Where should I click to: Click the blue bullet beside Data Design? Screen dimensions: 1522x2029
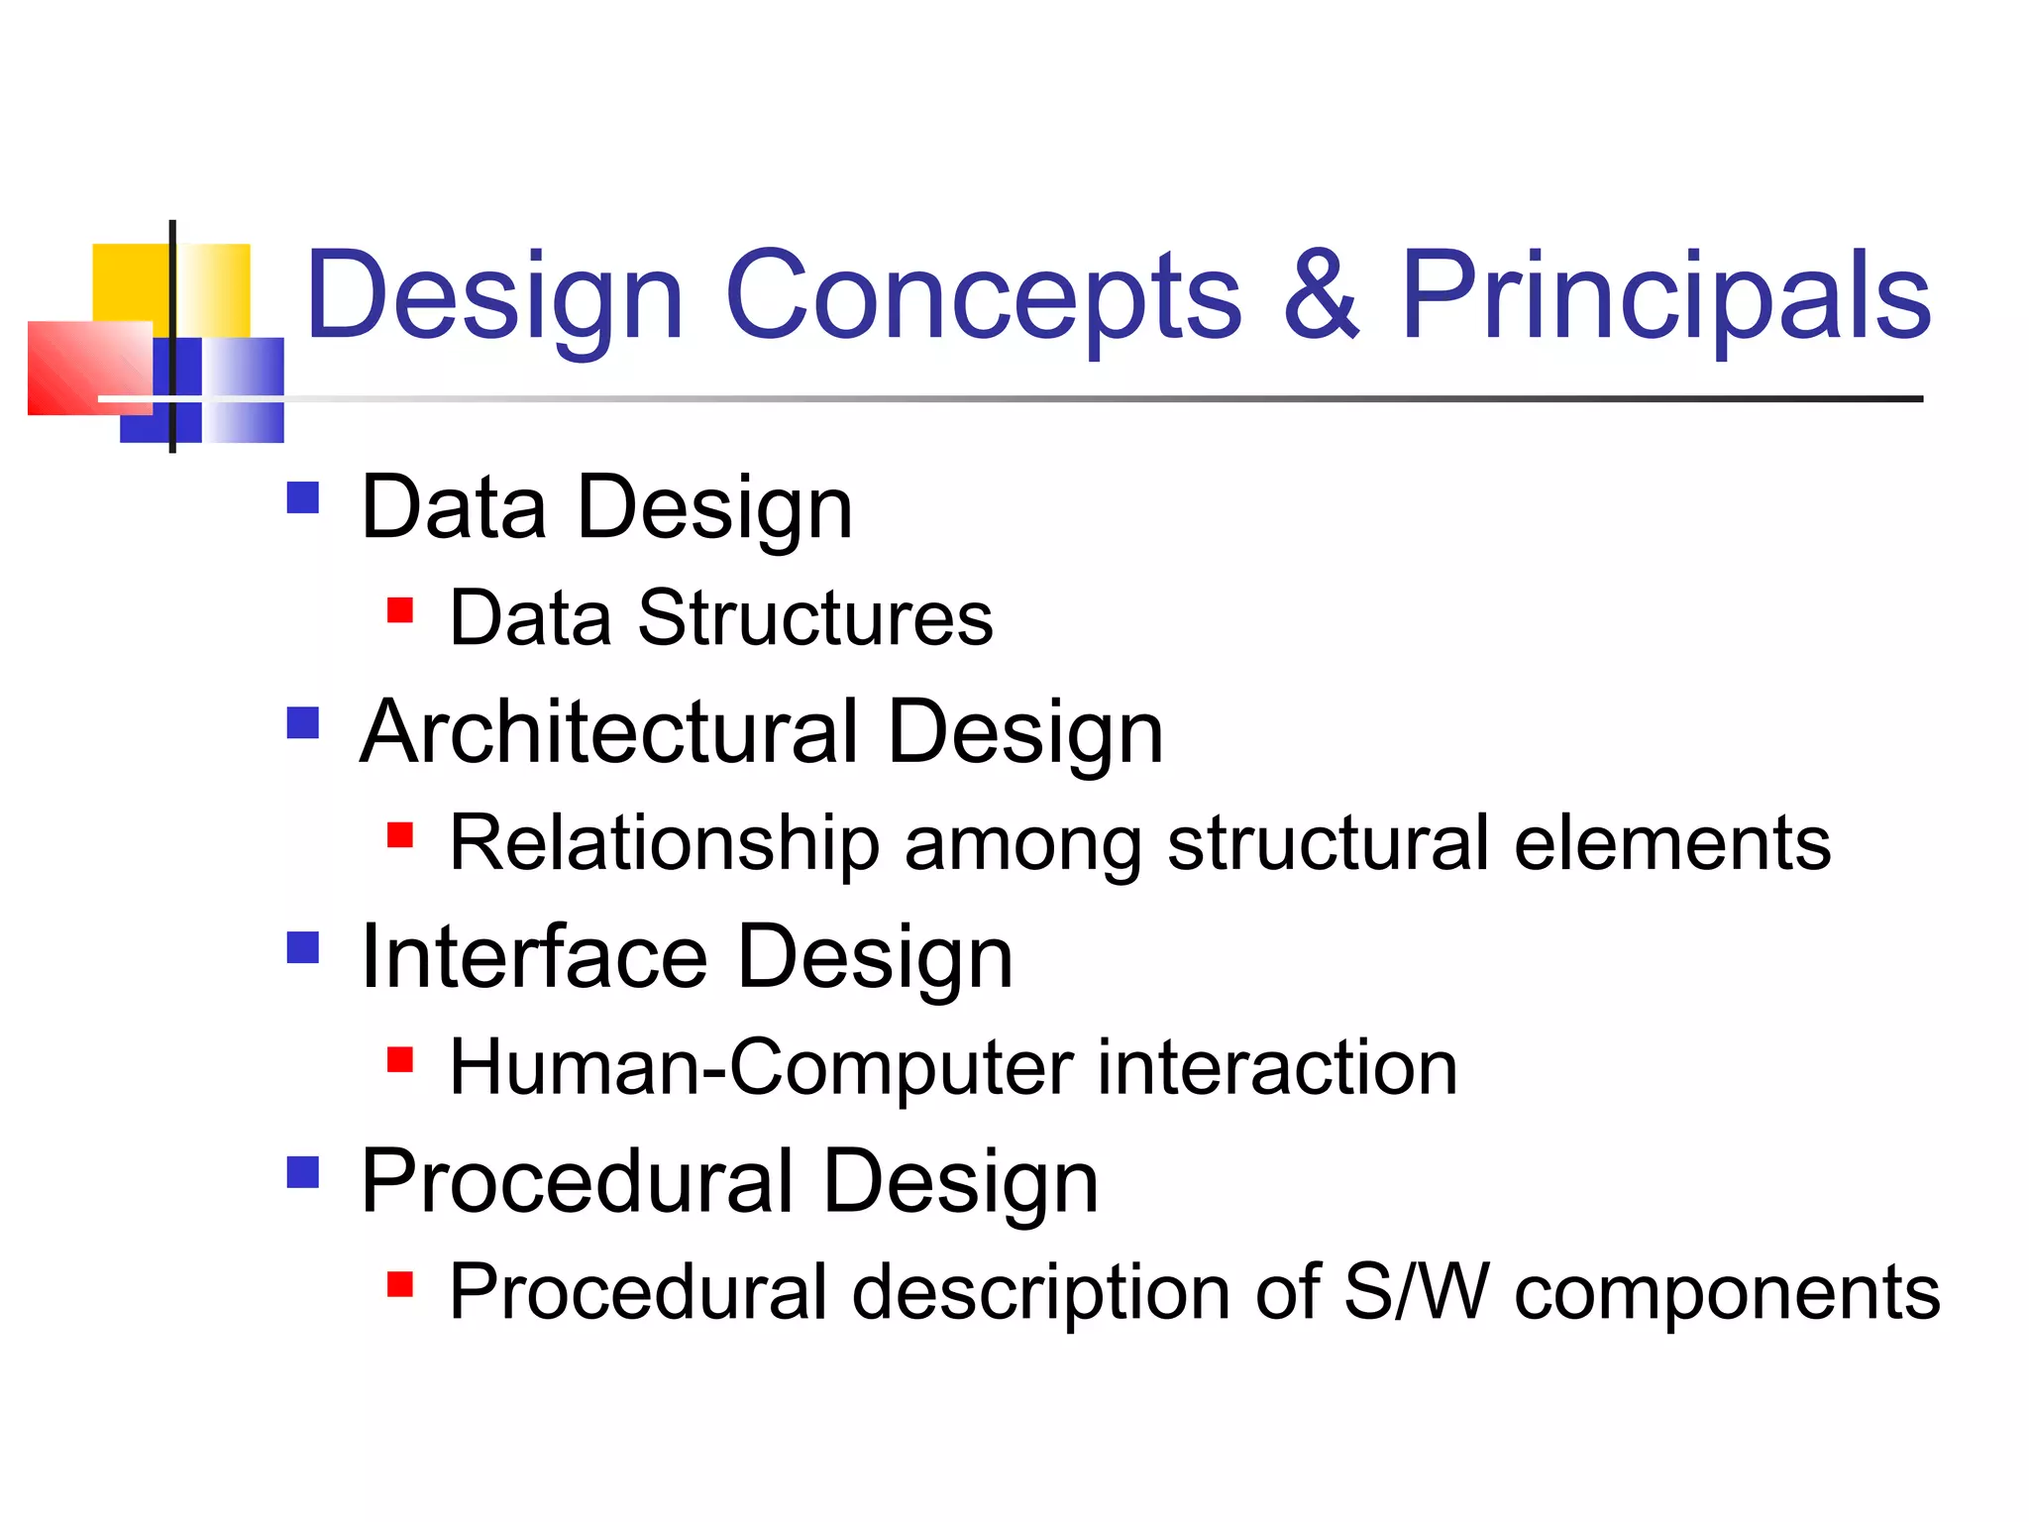point(303,497)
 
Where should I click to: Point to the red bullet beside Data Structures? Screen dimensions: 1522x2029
point(400,609)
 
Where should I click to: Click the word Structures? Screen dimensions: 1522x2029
point(815,618)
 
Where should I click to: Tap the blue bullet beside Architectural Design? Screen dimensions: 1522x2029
point(303,722)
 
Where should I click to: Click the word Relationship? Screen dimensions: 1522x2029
point(664,844)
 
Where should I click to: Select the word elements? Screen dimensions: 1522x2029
point(1672,844)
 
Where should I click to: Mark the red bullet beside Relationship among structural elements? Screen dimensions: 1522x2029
point(400,835)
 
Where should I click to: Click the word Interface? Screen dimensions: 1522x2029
point(535,957)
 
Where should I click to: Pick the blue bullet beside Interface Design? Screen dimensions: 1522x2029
point(303,947)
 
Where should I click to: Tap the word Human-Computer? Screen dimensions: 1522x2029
point(761,1068)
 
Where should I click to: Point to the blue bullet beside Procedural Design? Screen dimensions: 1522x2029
point(303,1172)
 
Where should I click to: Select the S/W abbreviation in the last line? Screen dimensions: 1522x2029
point(1417,1292)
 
